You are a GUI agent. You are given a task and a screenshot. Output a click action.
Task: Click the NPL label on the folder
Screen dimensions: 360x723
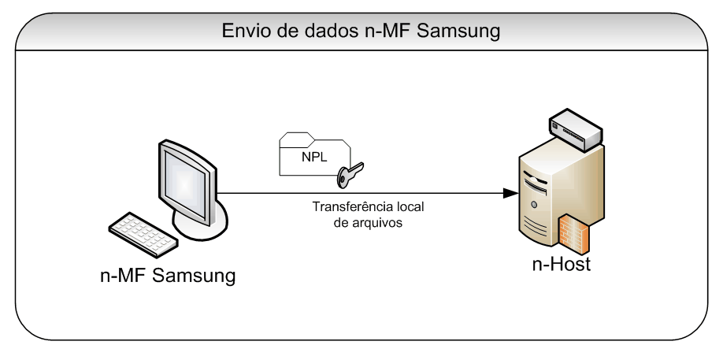pyautogui.click(x=313, y=155)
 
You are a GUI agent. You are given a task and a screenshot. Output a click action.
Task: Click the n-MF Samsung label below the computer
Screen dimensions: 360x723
pyautogui.click(x=168, y=276)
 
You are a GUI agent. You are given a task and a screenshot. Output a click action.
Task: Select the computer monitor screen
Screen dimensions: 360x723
pyautogui.click(x=186, y=180)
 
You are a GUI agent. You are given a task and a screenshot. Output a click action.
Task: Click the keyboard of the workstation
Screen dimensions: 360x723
pyautogui.click(x=142, y=232)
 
